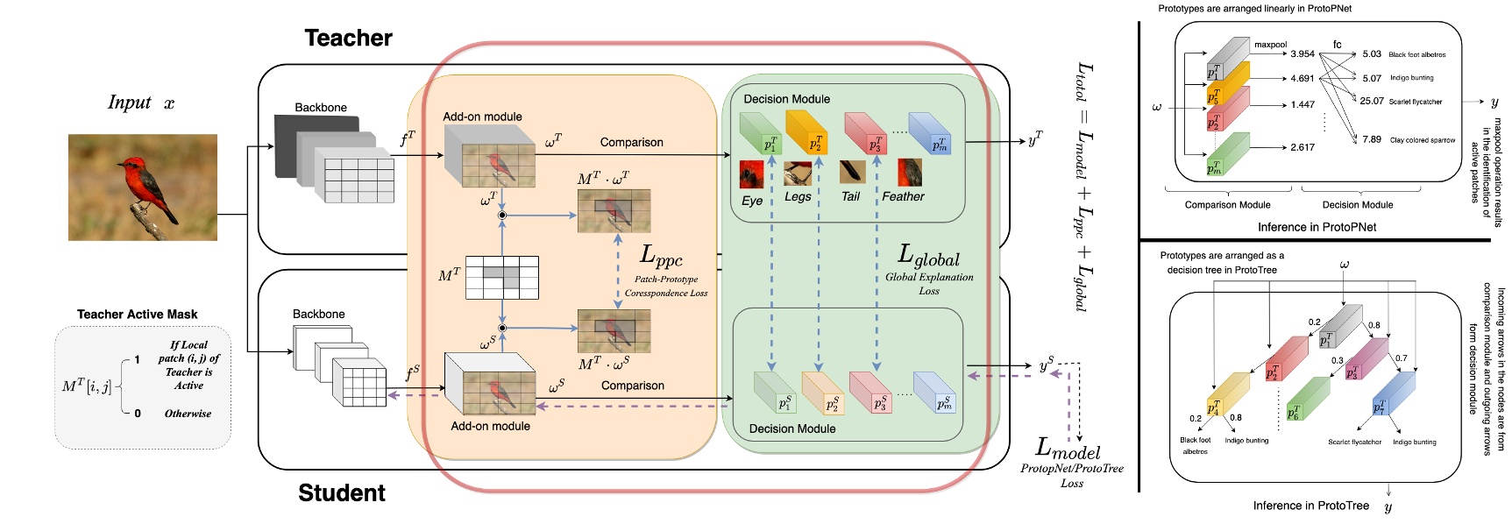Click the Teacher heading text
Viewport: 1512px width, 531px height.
tap(348, 38)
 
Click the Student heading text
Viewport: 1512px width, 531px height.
tap(342, 492)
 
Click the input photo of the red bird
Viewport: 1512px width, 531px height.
tap(143, 187)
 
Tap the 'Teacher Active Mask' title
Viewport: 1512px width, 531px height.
tap(137, 314)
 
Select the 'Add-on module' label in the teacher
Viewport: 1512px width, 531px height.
tap(482, 117)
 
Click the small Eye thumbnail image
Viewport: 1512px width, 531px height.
tap(751, 174)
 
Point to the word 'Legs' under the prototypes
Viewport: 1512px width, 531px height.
tap(798, 196)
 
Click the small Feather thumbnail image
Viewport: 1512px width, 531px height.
tap(910, 172)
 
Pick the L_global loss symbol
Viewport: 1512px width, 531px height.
tap(928, 256)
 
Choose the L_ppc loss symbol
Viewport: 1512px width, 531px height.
tap(661, 257)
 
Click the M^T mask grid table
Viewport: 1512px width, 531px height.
tap(501, 278)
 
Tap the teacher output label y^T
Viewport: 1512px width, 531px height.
tap(1035, 138)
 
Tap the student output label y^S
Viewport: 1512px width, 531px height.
tap(1046, 365)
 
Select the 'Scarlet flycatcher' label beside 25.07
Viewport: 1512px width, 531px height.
tap(1415, 102)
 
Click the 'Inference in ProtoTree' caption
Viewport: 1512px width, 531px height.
tap(1310, 506)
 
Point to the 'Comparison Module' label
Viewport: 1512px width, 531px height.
tap(1227, 205)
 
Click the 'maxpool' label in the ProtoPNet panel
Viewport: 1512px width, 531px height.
tap(1270, 45)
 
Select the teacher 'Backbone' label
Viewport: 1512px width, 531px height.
tap(321, 107)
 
